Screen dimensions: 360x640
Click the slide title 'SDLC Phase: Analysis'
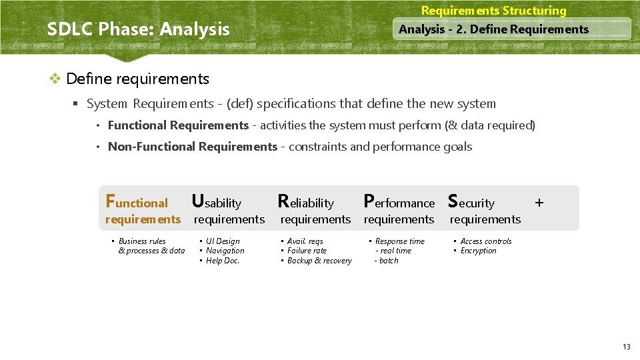click(138, 29)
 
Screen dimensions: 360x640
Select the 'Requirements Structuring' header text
click(493, 11)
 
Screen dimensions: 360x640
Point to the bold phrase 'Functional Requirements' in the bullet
click(178, 125)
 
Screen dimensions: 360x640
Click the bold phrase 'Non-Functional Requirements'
click(192, 147)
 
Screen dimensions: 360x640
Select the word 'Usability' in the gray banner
click(217, 202)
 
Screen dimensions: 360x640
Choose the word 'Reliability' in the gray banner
click(305, 202)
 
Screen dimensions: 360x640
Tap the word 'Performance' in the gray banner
click(399, 202)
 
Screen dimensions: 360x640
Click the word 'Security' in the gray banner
click(471, 202)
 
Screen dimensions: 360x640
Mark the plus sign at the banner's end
click(539, 201)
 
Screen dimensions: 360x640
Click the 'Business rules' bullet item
click(142, 241)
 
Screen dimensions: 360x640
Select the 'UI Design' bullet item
click(223, 241)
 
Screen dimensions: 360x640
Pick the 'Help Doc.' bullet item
click(223, 261)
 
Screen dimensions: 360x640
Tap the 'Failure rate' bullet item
click(307, 251)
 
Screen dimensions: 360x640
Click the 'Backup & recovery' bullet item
click(319, 261)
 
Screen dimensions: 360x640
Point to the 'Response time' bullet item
click(399, 241)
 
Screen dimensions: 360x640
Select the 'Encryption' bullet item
click(478, 251)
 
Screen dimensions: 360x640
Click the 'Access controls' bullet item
click(486, 241)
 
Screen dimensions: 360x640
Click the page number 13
click(626, 347)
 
